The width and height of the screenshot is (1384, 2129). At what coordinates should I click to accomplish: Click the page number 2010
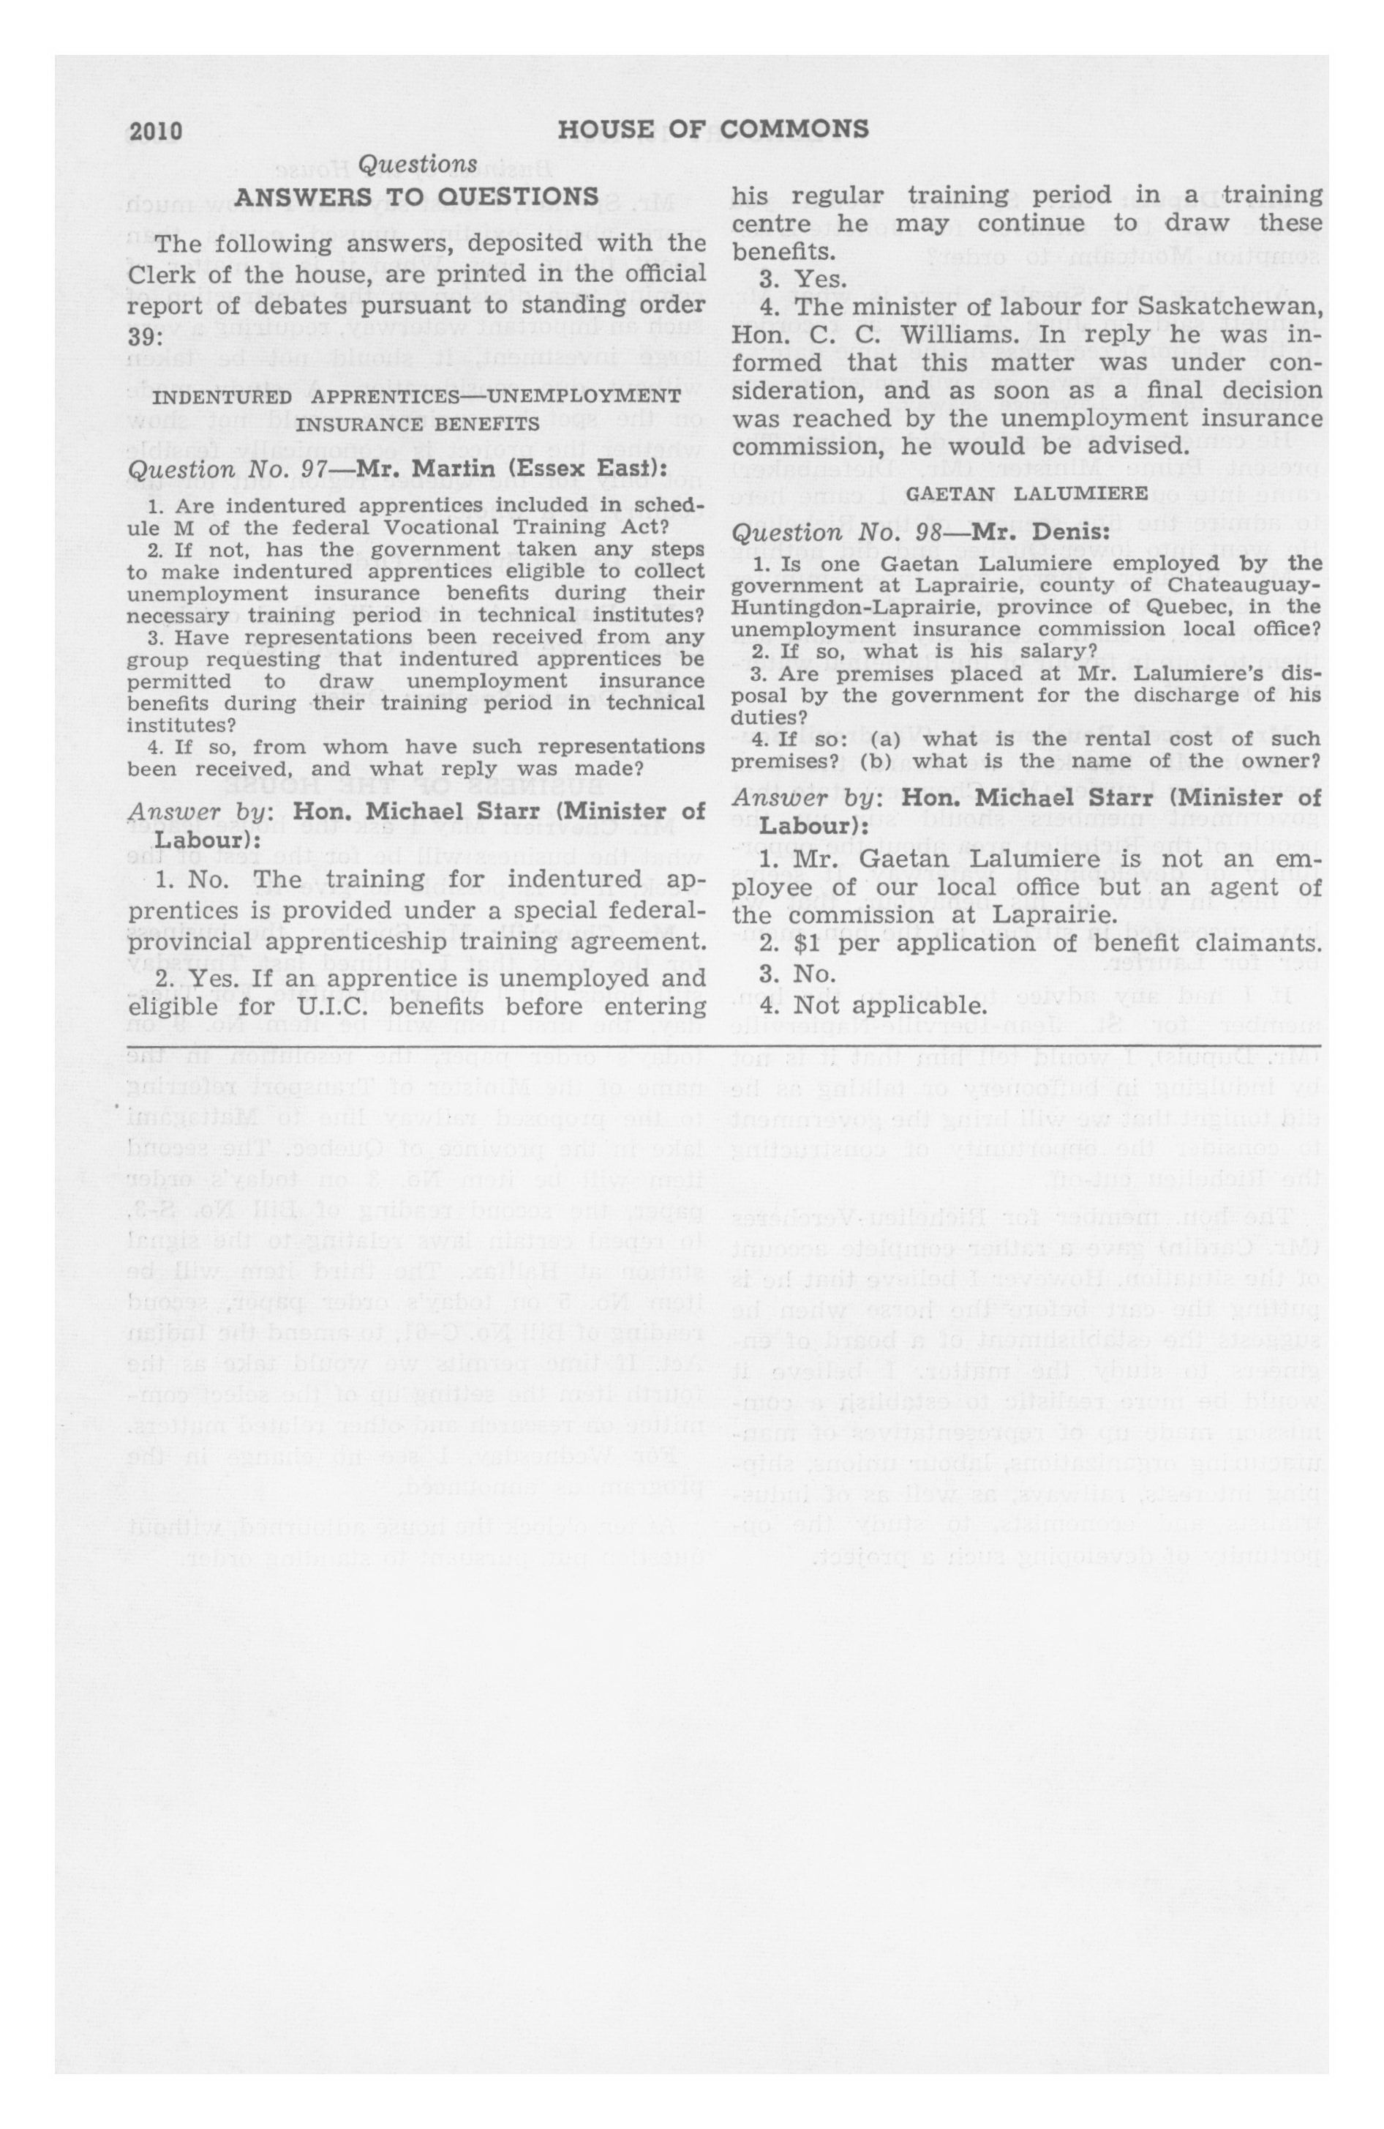coord(156,132)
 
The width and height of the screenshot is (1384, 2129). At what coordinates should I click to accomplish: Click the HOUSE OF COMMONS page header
coord(712,130)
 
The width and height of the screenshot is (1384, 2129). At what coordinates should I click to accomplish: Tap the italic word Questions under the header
coord(418,165)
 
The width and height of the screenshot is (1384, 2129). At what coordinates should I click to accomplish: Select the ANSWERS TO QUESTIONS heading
coord(417,197)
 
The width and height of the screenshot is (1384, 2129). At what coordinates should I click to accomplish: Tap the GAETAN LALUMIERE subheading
coord(1027,493)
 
